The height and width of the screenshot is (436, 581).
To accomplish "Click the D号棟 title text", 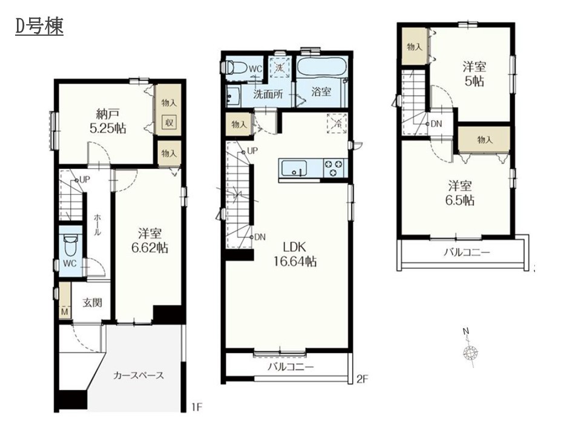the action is (39, 27).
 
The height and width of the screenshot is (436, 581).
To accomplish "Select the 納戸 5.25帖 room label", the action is (108, 121).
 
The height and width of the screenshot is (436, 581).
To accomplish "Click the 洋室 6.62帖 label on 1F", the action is (150, 240).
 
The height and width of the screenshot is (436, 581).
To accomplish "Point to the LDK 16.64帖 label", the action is (295, 254).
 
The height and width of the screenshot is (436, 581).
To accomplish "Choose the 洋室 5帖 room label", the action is (474, 74).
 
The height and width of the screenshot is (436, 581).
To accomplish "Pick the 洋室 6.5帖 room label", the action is (460, 193).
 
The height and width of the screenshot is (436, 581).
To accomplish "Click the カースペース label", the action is (139, 375).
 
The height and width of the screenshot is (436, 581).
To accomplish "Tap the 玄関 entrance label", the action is (92, 303).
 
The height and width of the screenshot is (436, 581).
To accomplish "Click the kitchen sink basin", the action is (294, 169).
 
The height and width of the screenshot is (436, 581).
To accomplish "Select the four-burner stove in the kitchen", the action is (334, 168).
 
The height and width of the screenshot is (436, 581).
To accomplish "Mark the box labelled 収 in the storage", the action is (169, 122).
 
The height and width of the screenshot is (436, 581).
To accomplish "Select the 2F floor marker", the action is (362, 379).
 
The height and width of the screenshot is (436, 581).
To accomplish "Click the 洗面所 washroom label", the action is (268, 94).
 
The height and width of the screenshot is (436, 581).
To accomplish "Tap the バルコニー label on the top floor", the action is (467, 253).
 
